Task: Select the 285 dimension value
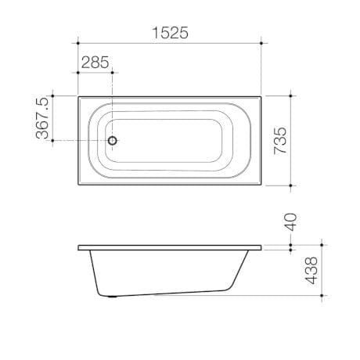click(95, 63)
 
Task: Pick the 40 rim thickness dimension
click(290, 221)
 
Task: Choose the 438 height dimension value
click(312, 271)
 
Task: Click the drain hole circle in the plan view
click(113, 141)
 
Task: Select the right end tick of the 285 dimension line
click(113, 73)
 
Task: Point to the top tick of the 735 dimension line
click(292, 96)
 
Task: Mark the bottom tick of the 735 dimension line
click(292, 185)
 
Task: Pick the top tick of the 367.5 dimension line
click(52, 96)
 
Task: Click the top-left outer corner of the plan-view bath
click(78, 96)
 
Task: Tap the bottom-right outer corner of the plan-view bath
click(262, 185)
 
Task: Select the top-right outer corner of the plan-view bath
click(262, 96)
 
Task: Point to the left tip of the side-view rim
click(78, 248)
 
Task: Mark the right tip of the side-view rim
click(262, 248)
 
